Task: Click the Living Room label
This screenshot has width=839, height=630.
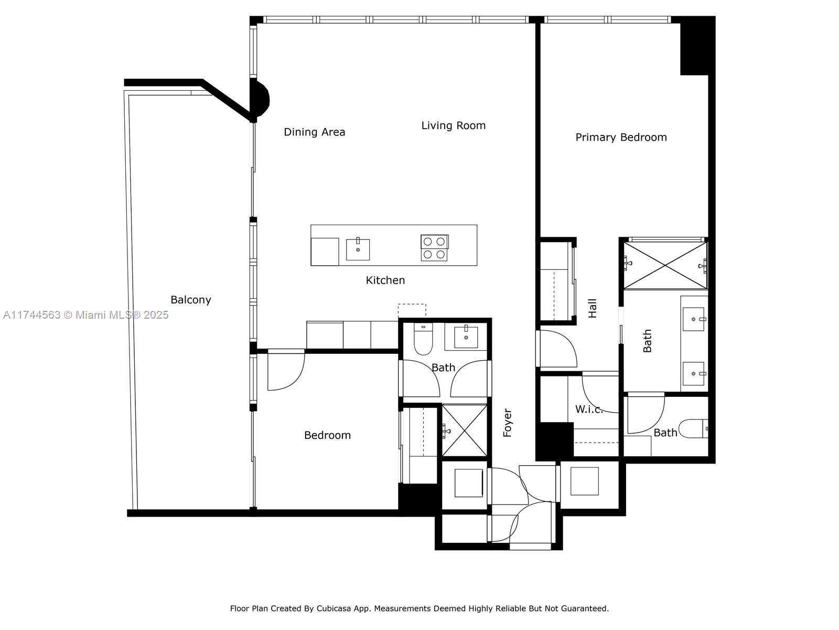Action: tap(454, 125)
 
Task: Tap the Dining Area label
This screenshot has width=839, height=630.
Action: tap(315, 132)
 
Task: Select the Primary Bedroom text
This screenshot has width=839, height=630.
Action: tap(621, 138)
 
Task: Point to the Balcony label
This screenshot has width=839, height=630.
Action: tap(191, 300)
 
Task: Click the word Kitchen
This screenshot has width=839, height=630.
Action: tap(385, 280)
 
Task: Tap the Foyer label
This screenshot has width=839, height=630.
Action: tap(508, 423)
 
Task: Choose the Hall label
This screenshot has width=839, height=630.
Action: tap(593, 308)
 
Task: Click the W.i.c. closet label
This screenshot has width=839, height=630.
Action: tap(589, 409)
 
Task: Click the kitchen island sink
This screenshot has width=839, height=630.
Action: tap(358, 250)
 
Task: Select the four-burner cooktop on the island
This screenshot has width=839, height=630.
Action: tap(435, 248)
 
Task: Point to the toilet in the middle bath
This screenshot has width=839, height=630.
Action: tap(423, 339)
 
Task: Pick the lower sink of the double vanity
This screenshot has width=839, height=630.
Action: tap(694, 374)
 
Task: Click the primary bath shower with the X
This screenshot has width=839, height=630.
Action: tap(665, 265)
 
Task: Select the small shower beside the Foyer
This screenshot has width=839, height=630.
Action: tap(465, 430)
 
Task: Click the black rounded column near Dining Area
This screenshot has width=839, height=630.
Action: tap(260, 98)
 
